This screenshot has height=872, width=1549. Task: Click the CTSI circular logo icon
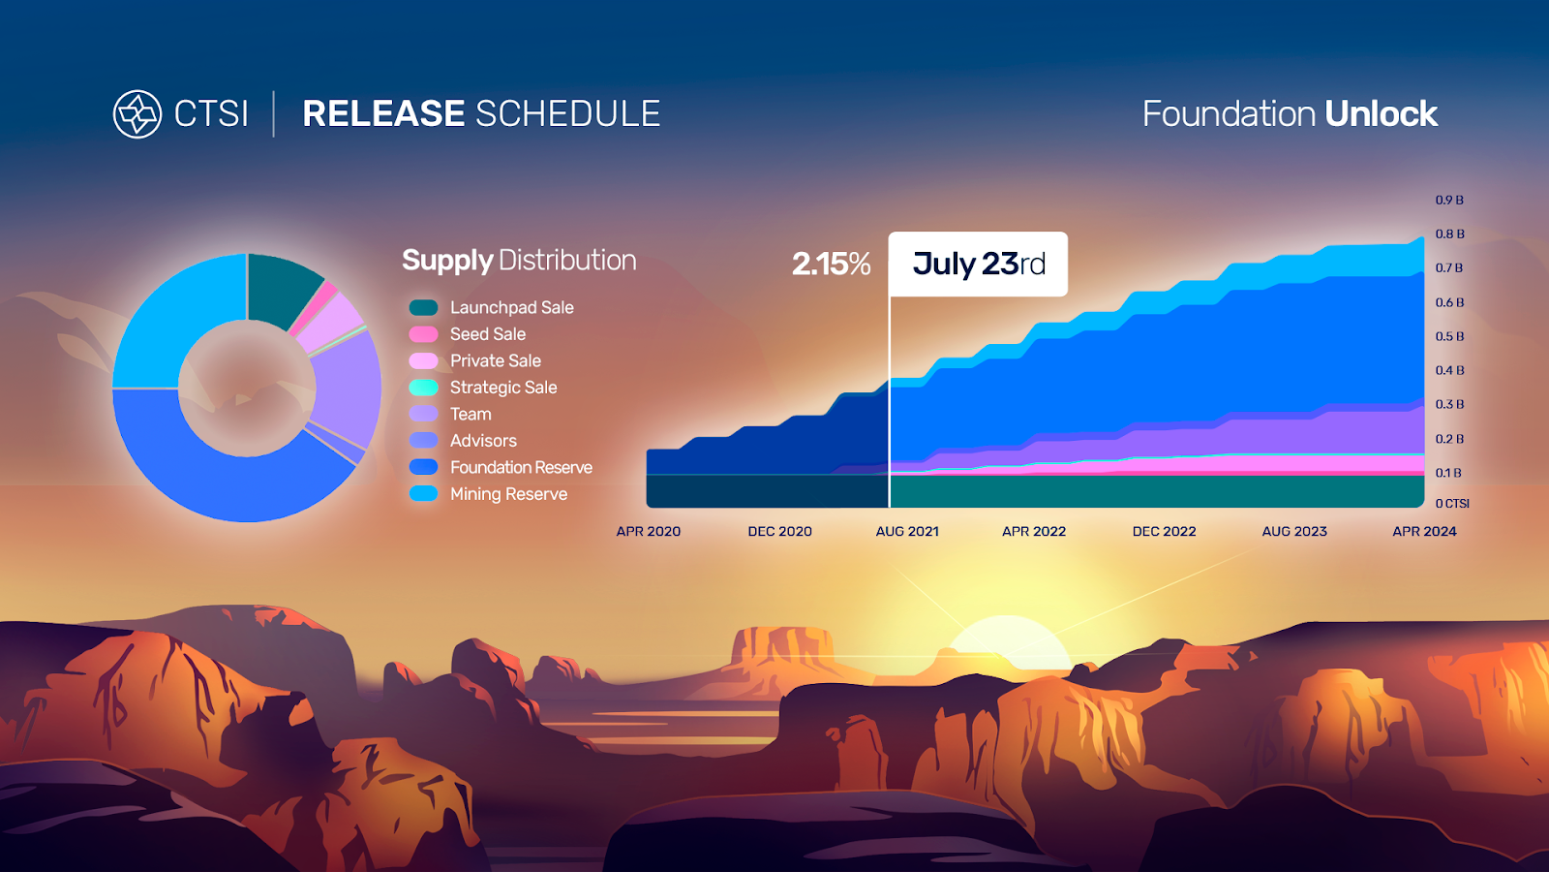pos(137,114)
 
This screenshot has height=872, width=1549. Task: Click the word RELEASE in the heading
pos(383,114)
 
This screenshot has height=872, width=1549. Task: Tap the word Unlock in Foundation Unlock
pos(1381,114)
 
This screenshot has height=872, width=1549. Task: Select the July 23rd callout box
pos(978,264)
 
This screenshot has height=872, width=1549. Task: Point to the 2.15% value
pos(831,264)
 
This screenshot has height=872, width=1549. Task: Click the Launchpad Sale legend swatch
pos(423,307)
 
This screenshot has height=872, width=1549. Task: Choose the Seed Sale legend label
pos(488,334)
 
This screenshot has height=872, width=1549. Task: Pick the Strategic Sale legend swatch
pos(423,388)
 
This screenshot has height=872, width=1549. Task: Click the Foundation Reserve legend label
pos(521,468)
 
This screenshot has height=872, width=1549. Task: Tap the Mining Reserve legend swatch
pos(423,494)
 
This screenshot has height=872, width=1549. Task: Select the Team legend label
pos(471,415)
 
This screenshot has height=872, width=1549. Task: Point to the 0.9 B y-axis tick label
pos(1448,200)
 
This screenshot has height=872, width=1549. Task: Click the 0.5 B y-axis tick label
pos(1449,336)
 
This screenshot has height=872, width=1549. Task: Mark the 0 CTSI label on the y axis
pos(1451,504)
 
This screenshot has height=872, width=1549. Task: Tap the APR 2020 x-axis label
pos(648,532)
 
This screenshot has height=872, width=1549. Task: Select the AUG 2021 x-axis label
pos(907,532)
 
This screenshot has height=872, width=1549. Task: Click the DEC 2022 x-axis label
pos(1164,532)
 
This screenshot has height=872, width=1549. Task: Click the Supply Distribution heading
pos(519,261)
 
